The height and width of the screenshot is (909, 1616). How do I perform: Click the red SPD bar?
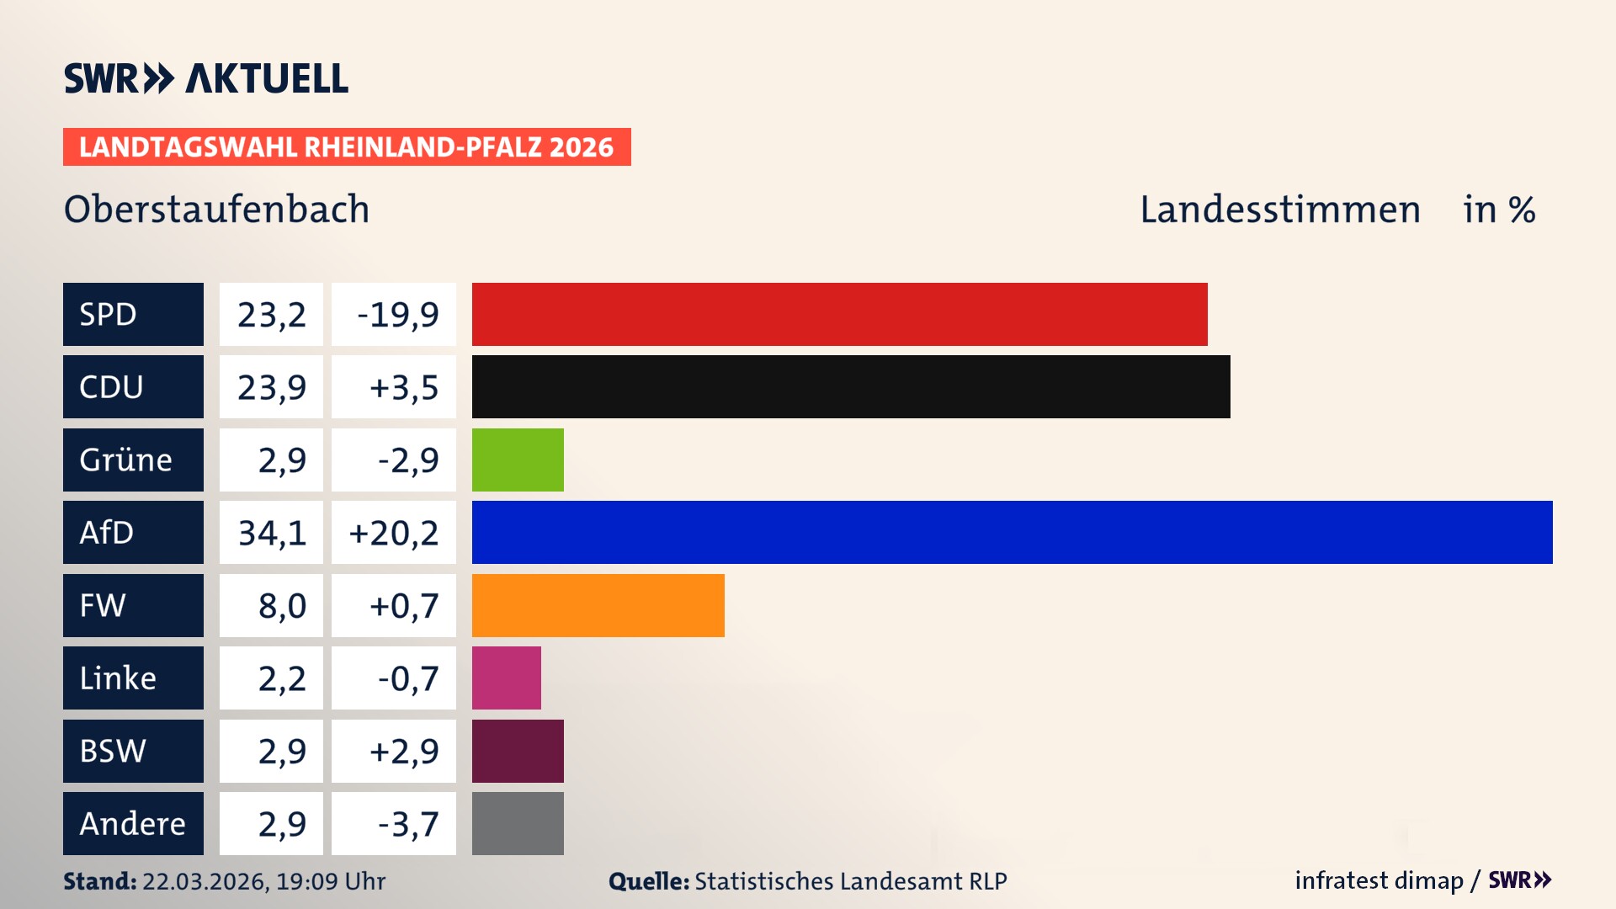(x=839, y=314)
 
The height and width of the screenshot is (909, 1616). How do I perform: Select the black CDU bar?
(x=850, y=386)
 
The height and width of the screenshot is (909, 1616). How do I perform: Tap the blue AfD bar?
(x=1012, y=532)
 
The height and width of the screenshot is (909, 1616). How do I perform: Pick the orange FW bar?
(x=598, y=605)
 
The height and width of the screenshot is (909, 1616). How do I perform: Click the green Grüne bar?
(x=518, y=460)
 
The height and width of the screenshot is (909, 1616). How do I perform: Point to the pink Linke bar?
(x=506, y=678)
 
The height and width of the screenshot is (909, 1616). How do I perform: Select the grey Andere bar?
(x=518, y=823)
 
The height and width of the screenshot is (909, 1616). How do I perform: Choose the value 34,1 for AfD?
(x=271, y=533)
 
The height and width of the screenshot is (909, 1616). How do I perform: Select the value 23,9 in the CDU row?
(x=271, y=387)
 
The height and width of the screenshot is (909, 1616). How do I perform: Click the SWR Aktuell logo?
(x=205, y=78)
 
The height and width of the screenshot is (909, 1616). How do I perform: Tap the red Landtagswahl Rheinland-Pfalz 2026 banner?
(x=347, y=146)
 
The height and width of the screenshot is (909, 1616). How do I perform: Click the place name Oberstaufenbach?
(x=216, y=209)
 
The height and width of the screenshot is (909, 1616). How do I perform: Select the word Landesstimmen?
(x=1279, y=209)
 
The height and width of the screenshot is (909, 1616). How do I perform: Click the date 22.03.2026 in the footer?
(x=205, y=881)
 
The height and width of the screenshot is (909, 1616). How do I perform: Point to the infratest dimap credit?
(x=1378, y=880)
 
